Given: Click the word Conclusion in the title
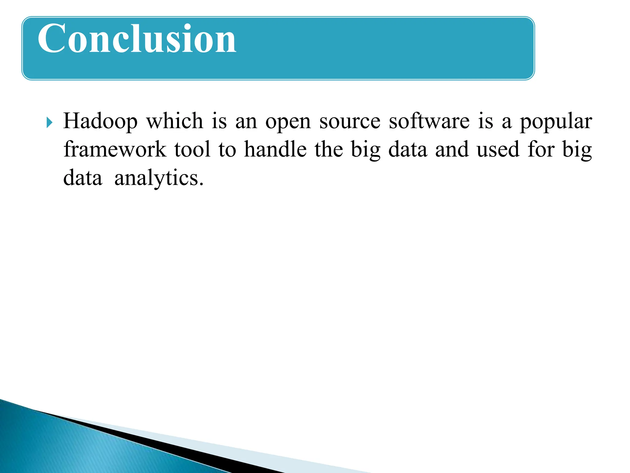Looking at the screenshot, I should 137,39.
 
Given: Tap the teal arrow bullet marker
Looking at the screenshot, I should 49,123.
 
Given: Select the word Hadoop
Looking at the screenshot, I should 100,121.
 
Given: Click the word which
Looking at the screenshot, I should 174,121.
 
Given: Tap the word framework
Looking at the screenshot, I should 115,149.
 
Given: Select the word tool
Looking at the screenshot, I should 193,149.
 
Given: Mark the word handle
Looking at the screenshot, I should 275,149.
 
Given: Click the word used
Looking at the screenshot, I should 498,149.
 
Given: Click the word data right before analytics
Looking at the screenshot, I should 82,178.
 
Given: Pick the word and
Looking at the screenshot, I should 452,149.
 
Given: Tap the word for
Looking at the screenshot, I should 541,149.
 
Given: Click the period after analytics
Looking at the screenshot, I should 201,184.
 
